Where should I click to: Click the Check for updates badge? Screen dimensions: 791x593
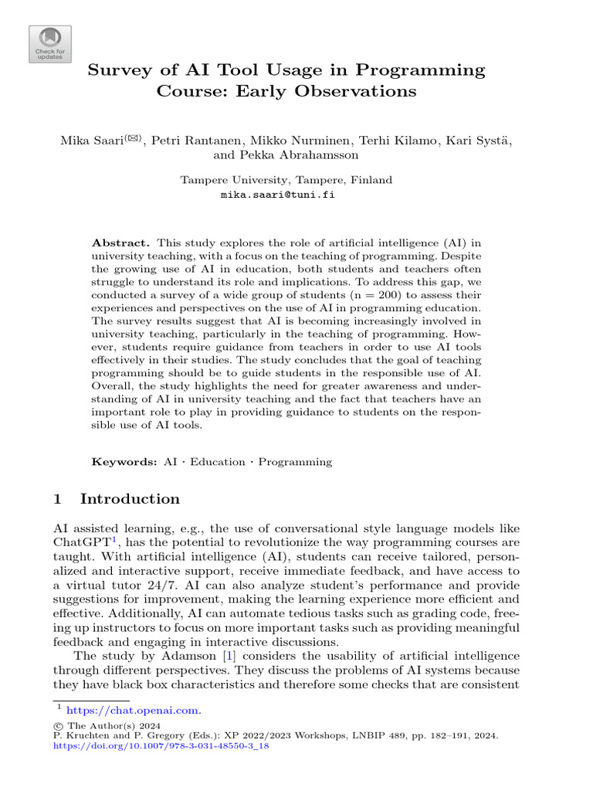click(x=50, y=44)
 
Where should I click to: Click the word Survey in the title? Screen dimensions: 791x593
click(x=120, y=70)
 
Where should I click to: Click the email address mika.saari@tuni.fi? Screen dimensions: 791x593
click(x=278, y=195)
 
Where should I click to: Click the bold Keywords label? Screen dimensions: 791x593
click(x=124, y=462)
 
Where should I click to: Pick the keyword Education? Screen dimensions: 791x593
click(x=218, y=462)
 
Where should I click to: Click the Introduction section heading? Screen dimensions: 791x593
click(x=129, y=498)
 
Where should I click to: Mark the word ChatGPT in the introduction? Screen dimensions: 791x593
click(x=81, y=543)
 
